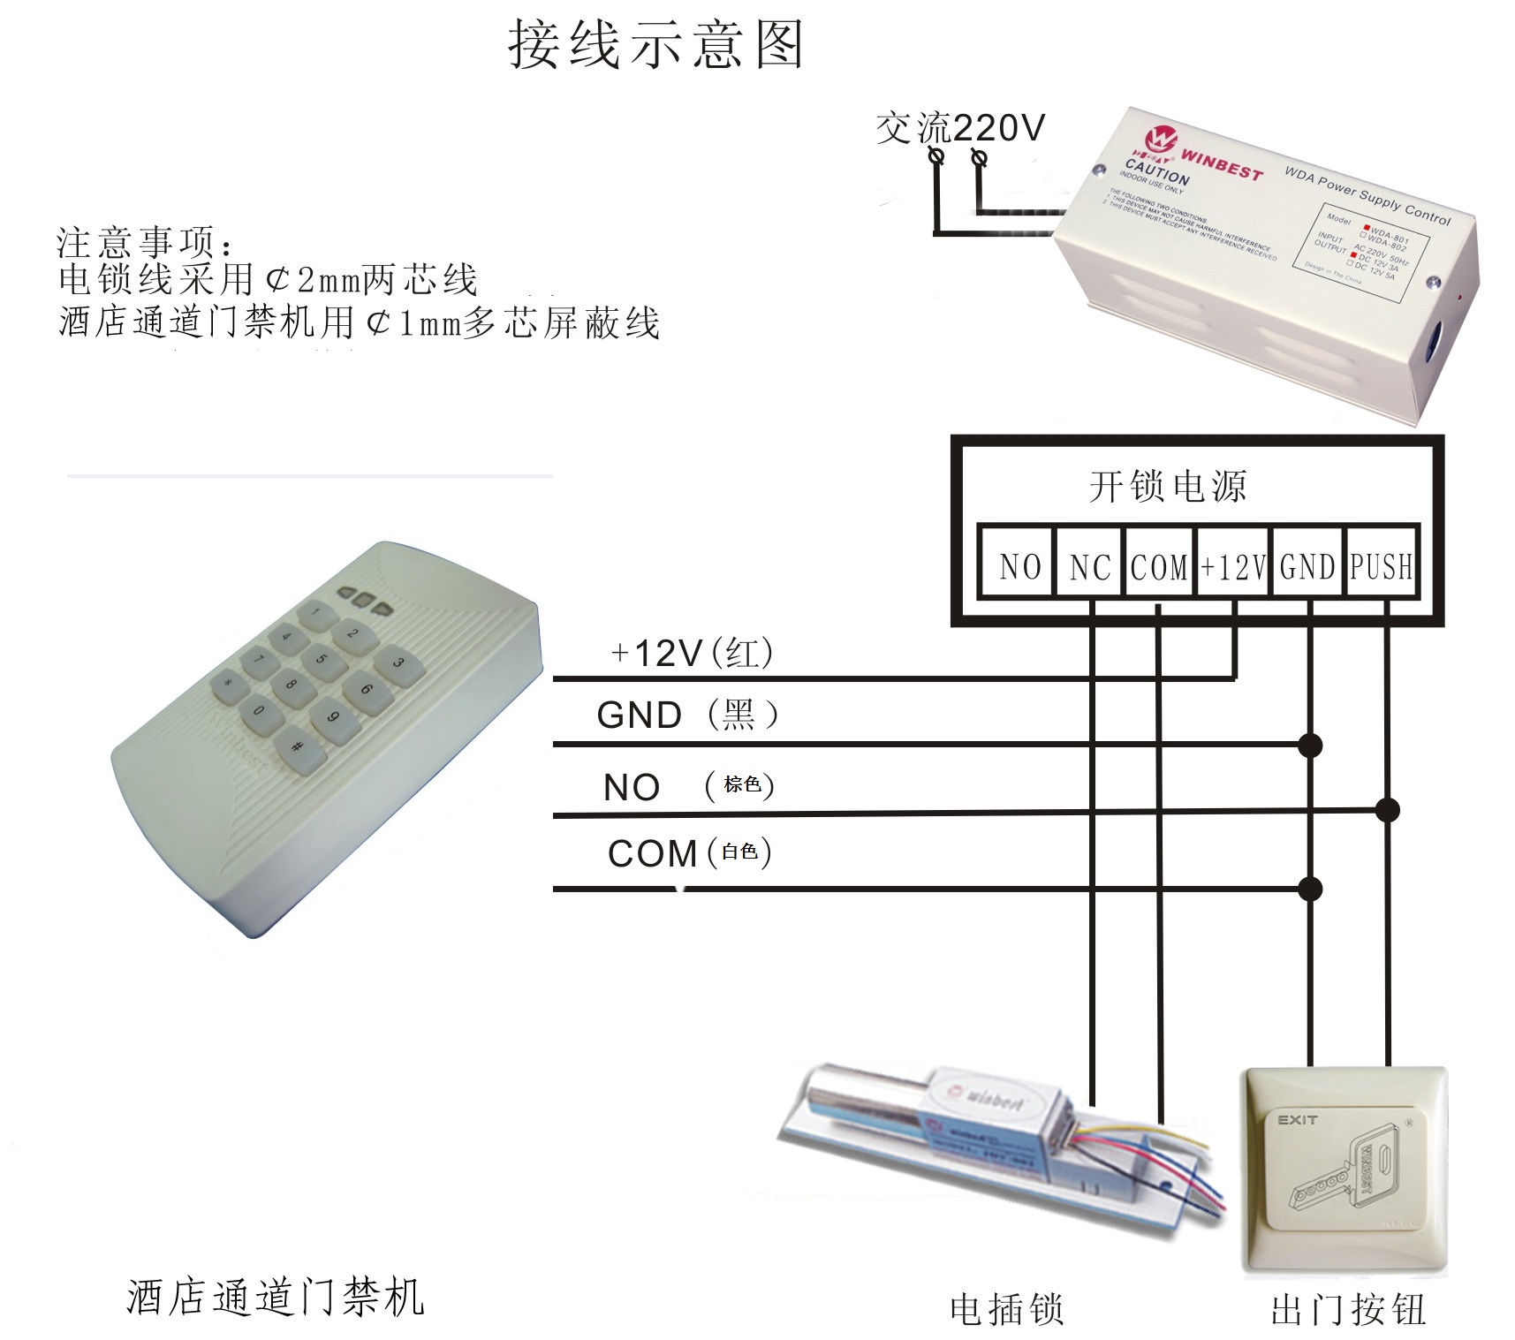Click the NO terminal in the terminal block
[x=1019, y=566]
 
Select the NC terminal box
[x=1089, y=566]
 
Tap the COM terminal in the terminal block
[x=1159, y=566]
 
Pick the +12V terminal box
[x=1233, y=566]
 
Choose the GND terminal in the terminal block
[x=1307, y=566]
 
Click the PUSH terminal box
[x=1381, y=566]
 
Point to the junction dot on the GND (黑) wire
[x=1310, y=745]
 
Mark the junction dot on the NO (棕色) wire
[x=1388, y=809]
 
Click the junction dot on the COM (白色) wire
[x=1310, y=888]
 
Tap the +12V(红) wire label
[x=692, y=654]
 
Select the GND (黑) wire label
[x=687, y=715]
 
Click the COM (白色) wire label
[x=690, y=853]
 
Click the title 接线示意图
[x=655, y=45]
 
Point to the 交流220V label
[x=960, y=128]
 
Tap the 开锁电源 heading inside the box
[x=1168, y=487]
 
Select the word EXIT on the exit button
[x=1297, y=1120]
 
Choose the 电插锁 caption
[x=1006, y=1309]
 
